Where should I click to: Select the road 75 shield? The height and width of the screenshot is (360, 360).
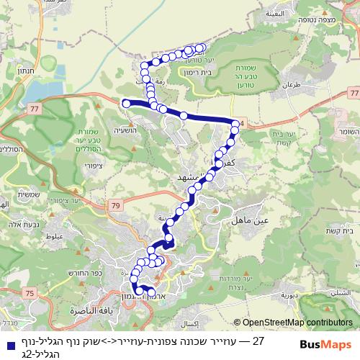[x=30, y=293]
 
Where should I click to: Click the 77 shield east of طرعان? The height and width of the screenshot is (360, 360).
[x=352, y=94]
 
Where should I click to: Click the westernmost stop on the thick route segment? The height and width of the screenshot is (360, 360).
[x=127, y=104]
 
